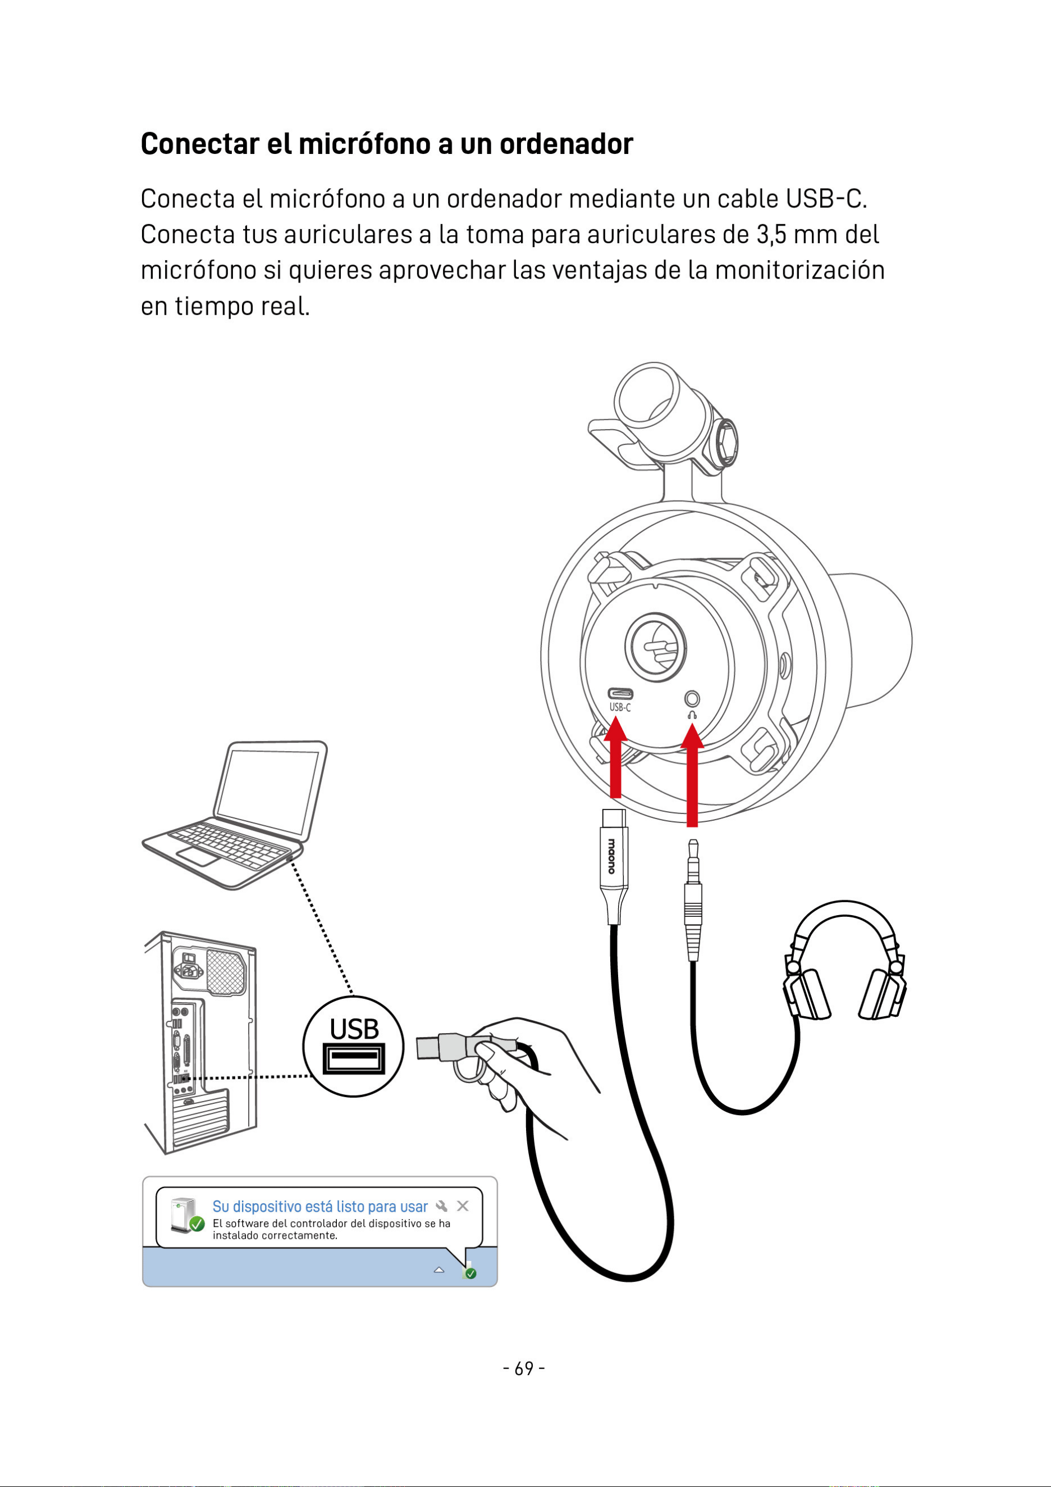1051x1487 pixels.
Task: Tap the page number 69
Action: click(524, 1368)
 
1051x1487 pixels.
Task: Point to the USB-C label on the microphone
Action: click(620, 707)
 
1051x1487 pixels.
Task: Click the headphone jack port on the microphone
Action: click(692, 699)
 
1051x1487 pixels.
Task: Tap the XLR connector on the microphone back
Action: click(656, 648)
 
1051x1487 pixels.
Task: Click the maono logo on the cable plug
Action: click(611, 856)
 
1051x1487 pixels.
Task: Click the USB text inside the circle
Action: click(354, 1029)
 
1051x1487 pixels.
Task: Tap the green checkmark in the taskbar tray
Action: click(470, 1274)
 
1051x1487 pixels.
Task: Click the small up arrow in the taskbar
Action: click(439, 1270)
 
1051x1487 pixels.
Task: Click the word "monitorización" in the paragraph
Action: click(799, 270)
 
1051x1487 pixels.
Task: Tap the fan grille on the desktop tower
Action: click(226, 972)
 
